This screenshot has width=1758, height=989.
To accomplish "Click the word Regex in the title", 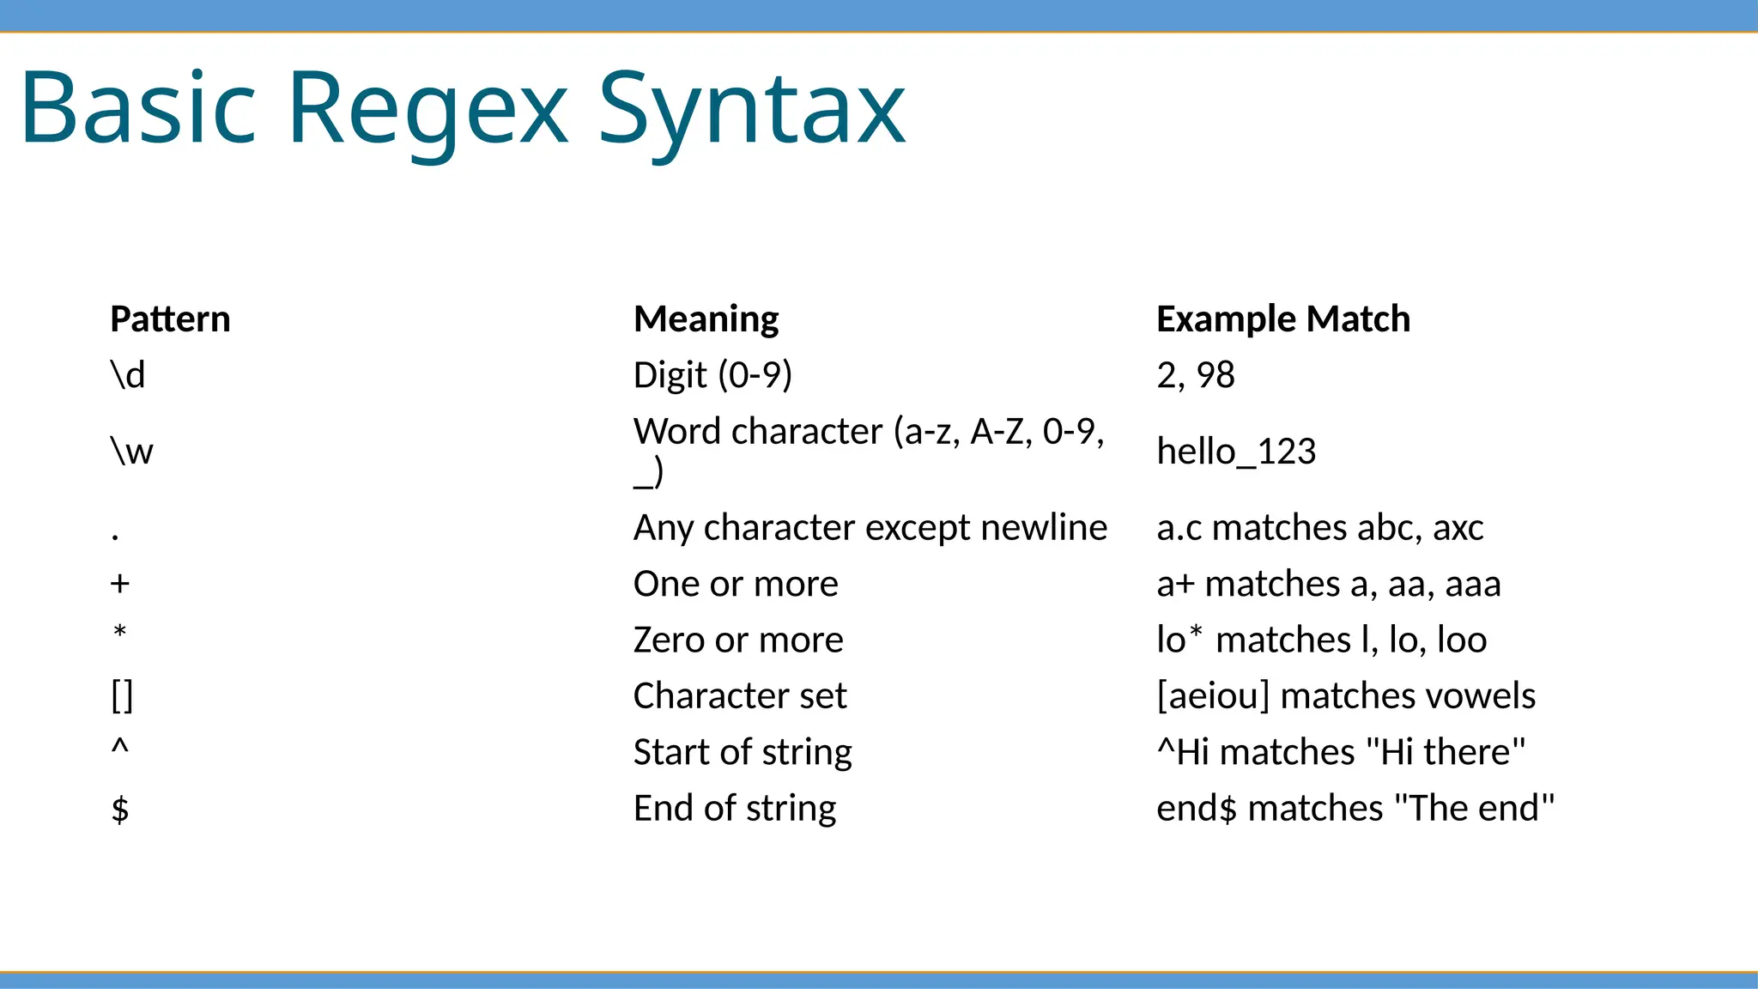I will (427, 110).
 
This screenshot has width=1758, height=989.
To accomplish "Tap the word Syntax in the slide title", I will (751, 110).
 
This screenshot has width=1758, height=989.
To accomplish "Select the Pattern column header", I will (170, 319).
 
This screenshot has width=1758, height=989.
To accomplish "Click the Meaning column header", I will (706, 319).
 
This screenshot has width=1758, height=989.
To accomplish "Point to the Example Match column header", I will (1282, 319).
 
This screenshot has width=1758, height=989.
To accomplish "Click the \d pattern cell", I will (128, 375).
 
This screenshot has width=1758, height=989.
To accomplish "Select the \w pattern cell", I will (131, 452).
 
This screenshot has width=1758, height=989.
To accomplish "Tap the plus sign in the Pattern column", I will (120, 584).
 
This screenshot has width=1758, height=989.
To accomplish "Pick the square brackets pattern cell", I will (122, 696).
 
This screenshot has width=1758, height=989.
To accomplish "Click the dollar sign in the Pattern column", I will (120, 809).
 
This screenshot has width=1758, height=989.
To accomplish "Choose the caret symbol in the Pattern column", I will (120, 749).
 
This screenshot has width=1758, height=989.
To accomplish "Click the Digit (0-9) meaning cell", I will (712, 375).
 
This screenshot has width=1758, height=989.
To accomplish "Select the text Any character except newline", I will (870, 528).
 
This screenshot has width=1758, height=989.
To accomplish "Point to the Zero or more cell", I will (738, 640).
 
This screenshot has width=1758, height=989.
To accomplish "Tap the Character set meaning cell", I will (740, 696).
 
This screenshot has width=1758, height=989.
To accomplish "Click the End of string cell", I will (735, 809).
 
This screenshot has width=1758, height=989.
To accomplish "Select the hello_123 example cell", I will (1236, 452).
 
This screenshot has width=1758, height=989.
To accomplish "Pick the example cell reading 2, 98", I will (1195, 375).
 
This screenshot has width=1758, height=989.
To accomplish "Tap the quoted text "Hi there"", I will (1446, 752).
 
